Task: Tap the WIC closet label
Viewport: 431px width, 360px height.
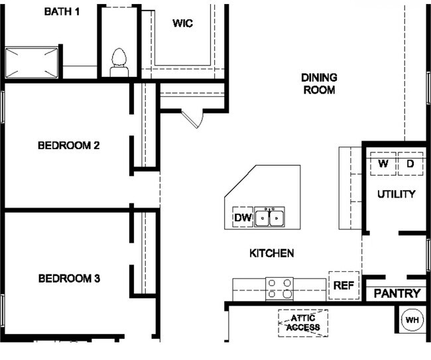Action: (x=182, y=24)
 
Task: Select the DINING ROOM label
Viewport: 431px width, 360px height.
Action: (x=319, y=84)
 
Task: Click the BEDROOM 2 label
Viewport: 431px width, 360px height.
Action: (x=68, y=145)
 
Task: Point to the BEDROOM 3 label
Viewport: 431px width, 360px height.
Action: (x=68, y=278)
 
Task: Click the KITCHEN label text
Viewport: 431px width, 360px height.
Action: (x=271, y=253)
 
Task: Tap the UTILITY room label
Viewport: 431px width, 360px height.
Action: (x=396, y=194)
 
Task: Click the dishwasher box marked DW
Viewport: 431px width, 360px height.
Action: (x=242, y=217)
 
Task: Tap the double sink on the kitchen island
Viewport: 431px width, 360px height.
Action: (x=271, y=217)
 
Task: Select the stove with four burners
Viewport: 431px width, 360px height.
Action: (x=279, y=288)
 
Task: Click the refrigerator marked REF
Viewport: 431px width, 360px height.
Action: (x=343, y=286)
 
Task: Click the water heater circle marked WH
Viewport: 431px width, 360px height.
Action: (x=412, y=320)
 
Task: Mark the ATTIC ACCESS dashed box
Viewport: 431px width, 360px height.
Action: (x=302, y=323)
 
